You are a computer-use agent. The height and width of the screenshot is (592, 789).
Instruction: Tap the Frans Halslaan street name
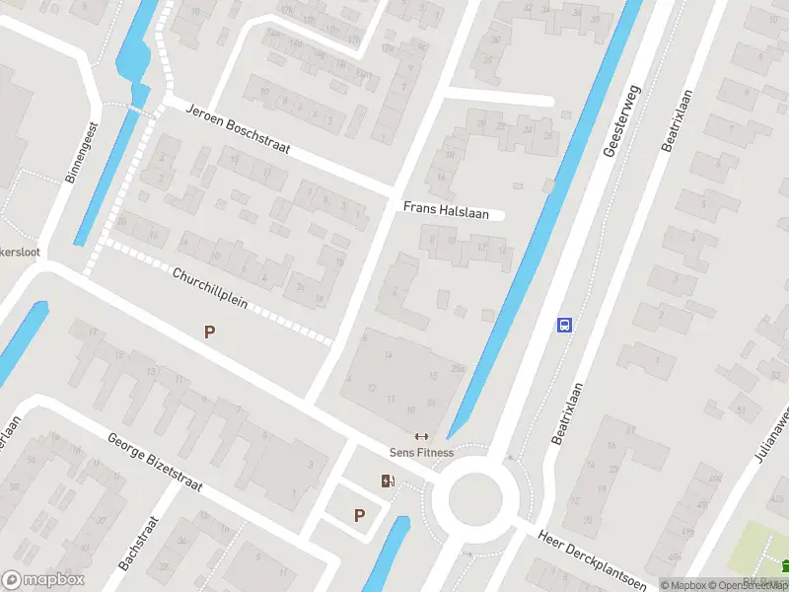pos(440,208)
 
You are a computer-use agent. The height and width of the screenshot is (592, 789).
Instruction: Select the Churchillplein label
pos(208,288)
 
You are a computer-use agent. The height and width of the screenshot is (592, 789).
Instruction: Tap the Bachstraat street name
pos(138,543)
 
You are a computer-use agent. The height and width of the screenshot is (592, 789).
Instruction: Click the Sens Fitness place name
pos(421,453)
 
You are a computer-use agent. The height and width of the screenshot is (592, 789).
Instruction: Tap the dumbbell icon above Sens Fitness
pos(421,436)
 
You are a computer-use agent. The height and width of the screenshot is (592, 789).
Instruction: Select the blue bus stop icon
pos(565,325)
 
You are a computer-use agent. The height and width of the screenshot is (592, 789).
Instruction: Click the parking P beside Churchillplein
pos(209,333)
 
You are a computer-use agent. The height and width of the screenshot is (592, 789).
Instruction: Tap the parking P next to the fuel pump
pos(359,515)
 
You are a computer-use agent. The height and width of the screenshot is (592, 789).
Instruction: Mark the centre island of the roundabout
pos(475,497)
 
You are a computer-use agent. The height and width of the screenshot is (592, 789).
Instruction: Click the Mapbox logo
pos(43,580)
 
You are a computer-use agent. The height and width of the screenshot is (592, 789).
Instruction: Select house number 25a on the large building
pos(457,369)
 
